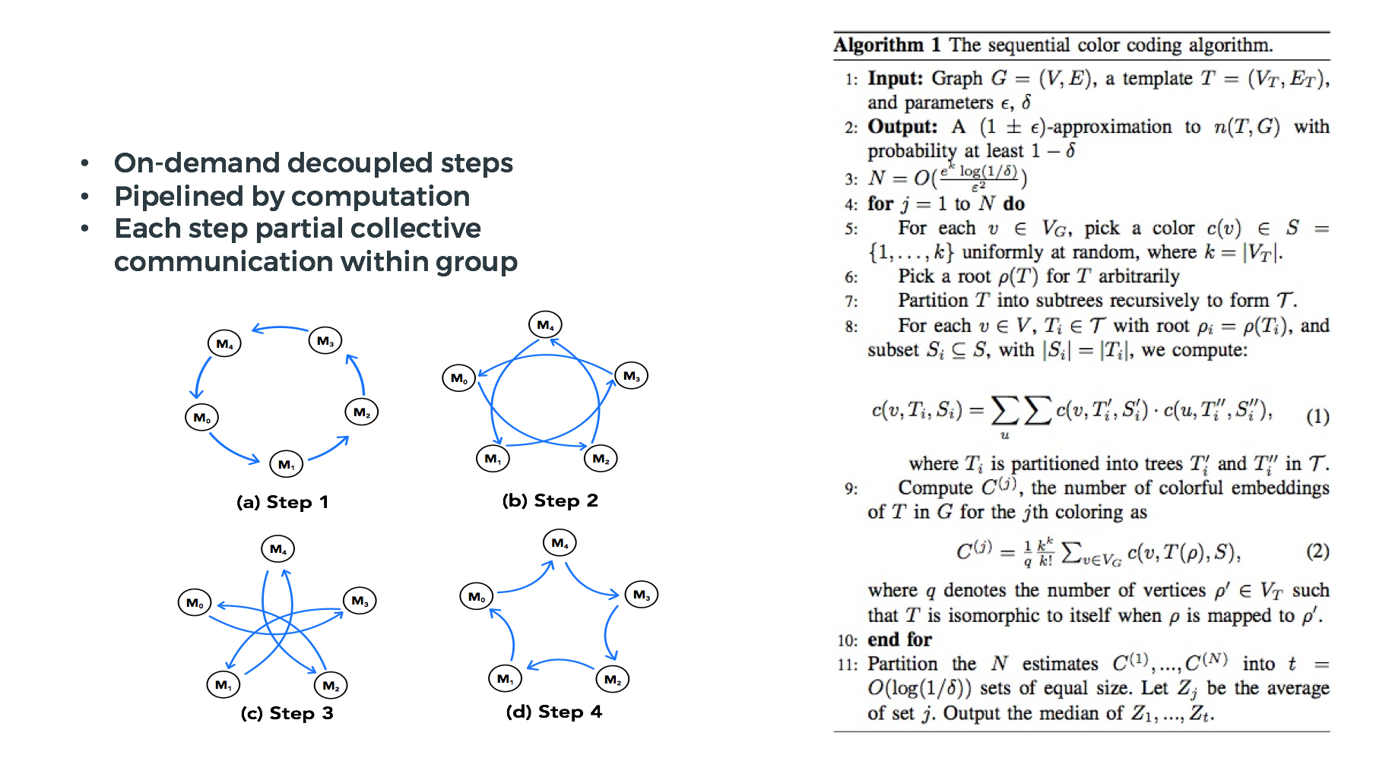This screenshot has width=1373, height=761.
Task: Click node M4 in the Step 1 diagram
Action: [x=224, y=343]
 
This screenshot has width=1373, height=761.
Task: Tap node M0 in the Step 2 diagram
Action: [x=458, y=377]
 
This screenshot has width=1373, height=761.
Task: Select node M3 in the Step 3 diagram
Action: [x=360, y=601]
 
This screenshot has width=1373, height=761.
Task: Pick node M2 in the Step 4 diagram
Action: [x=612, y=679]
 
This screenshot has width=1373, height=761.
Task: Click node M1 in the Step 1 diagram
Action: [x=286, y=464]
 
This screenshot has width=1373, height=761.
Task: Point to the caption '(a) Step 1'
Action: [x=282, y=502]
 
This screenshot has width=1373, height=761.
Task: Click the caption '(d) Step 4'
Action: [x=553, y=712]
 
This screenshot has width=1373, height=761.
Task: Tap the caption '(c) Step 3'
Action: [x=287, y=713]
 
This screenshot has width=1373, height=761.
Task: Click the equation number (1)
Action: [x=1317, y=416]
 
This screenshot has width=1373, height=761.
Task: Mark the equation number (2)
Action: [x=1317, y=551]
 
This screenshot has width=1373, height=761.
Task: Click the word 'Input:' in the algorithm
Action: [x=895, y=78]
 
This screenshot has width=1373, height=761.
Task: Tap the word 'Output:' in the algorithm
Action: [x=902, y=127]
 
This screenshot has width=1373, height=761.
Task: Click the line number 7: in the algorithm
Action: [x=851, y=302]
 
